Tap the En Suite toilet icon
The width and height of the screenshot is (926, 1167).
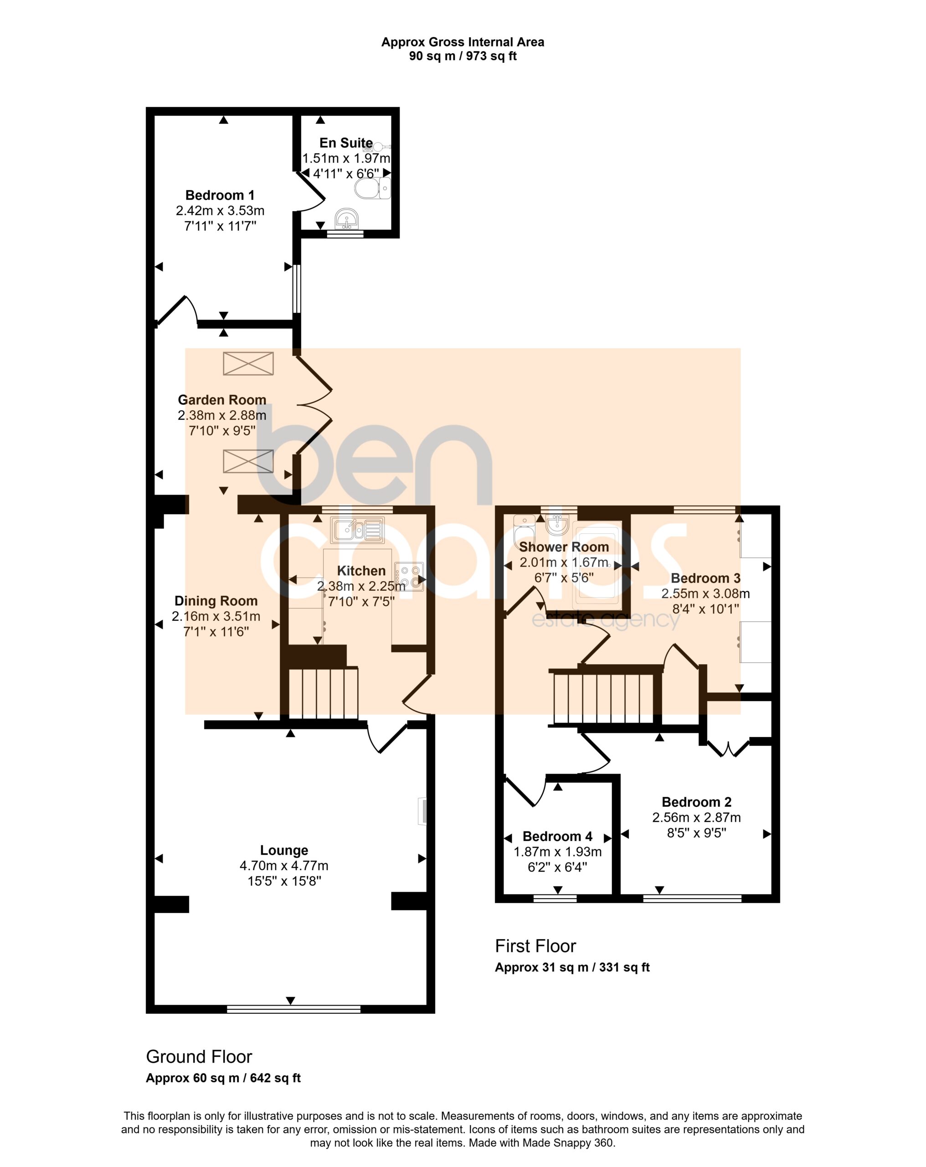pos(372,188)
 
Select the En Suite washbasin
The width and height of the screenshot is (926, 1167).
pos(346,219)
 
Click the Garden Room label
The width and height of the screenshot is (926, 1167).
pos(222,399)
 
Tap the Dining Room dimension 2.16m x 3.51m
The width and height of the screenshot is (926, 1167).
pos(216,616)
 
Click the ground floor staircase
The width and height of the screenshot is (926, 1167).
pos(323,693)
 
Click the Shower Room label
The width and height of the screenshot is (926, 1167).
pos(564,547)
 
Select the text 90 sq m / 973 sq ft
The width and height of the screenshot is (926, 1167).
pos(463,56)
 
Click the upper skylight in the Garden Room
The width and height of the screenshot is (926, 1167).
pos(248,363)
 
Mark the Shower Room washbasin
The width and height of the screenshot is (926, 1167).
pos(557,523)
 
